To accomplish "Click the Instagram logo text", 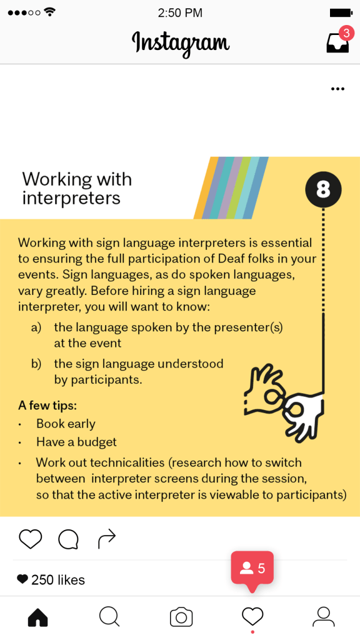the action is coord(181,44).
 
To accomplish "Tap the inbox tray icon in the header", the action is coord(337,42).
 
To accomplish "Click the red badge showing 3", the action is coord(346,33).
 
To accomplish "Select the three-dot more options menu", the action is coord(337,89).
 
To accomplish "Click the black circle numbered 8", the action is coord(323,189).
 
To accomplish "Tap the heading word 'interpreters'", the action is coord(71,198).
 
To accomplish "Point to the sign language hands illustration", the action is coord(284,402).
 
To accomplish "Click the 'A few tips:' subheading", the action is coord(47,406).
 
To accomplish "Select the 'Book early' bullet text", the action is coord(66,424).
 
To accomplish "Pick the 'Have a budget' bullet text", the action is coord(76,442).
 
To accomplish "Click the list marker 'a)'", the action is coord(36,327).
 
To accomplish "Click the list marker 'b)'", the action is coord(36,364).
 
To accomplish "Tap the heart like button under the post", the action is coord(31,539).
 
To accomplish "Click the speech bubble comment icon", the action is coord(68,539).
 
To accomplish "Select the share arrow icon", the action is coord(107,539).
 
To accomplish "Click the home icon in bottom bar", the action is coord(38,617).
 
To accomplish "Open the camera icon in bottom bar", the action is coord(181,617).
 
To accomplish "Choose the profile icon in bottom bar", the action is coord(324,617).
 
